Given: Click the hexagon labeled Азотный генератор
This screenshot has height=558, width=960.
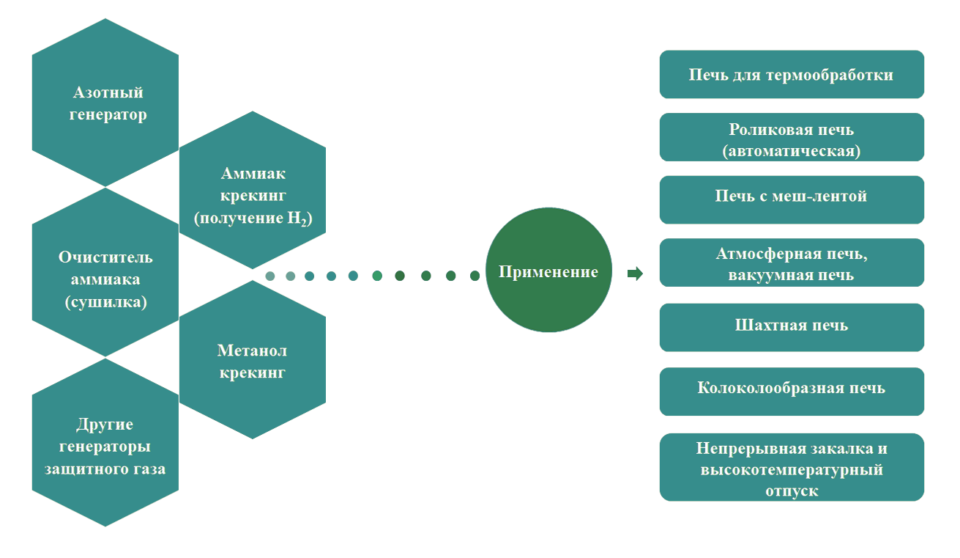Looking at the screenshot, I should (x=106, y=103).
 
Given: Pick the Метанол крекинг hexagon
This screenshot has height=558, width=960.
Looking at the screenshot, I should (x=253, y=361).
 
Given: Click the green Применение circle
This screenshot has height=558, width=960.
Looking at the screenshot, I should (x=548, y=271).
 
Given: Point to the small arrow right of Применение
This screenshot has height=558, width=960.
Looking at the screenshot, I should (x=635, y=274).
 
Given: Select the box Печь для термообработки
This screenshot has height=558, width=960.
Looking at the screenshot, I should (x=791, y=75).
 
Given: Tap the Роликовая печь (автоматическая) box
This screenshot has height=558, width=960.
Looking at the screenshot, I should (x=791, y=138).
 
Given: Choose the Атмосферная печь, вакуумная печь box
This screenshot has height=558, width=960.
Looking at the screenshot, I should (x=791, y=263).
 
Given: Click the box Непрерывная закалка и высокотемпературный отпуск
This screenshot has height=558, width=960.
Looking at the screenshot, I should (x=791, y=467).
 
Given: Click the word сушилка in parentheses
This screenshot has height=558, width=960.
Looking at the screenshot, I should (x=106, y=301).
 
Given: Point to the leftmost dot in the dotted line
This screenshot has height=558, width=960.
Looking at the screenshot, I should (x=270, y=276).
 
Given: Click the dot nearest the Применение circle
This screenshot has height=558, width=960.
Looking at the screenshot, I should (x=475, y=276).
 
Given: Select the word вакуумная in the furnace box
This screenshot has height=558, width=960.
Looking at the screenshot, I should (x=767, y=275).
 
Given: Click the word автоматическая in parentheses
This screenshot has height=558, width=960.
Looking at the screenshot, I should (x=791, y=151).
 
